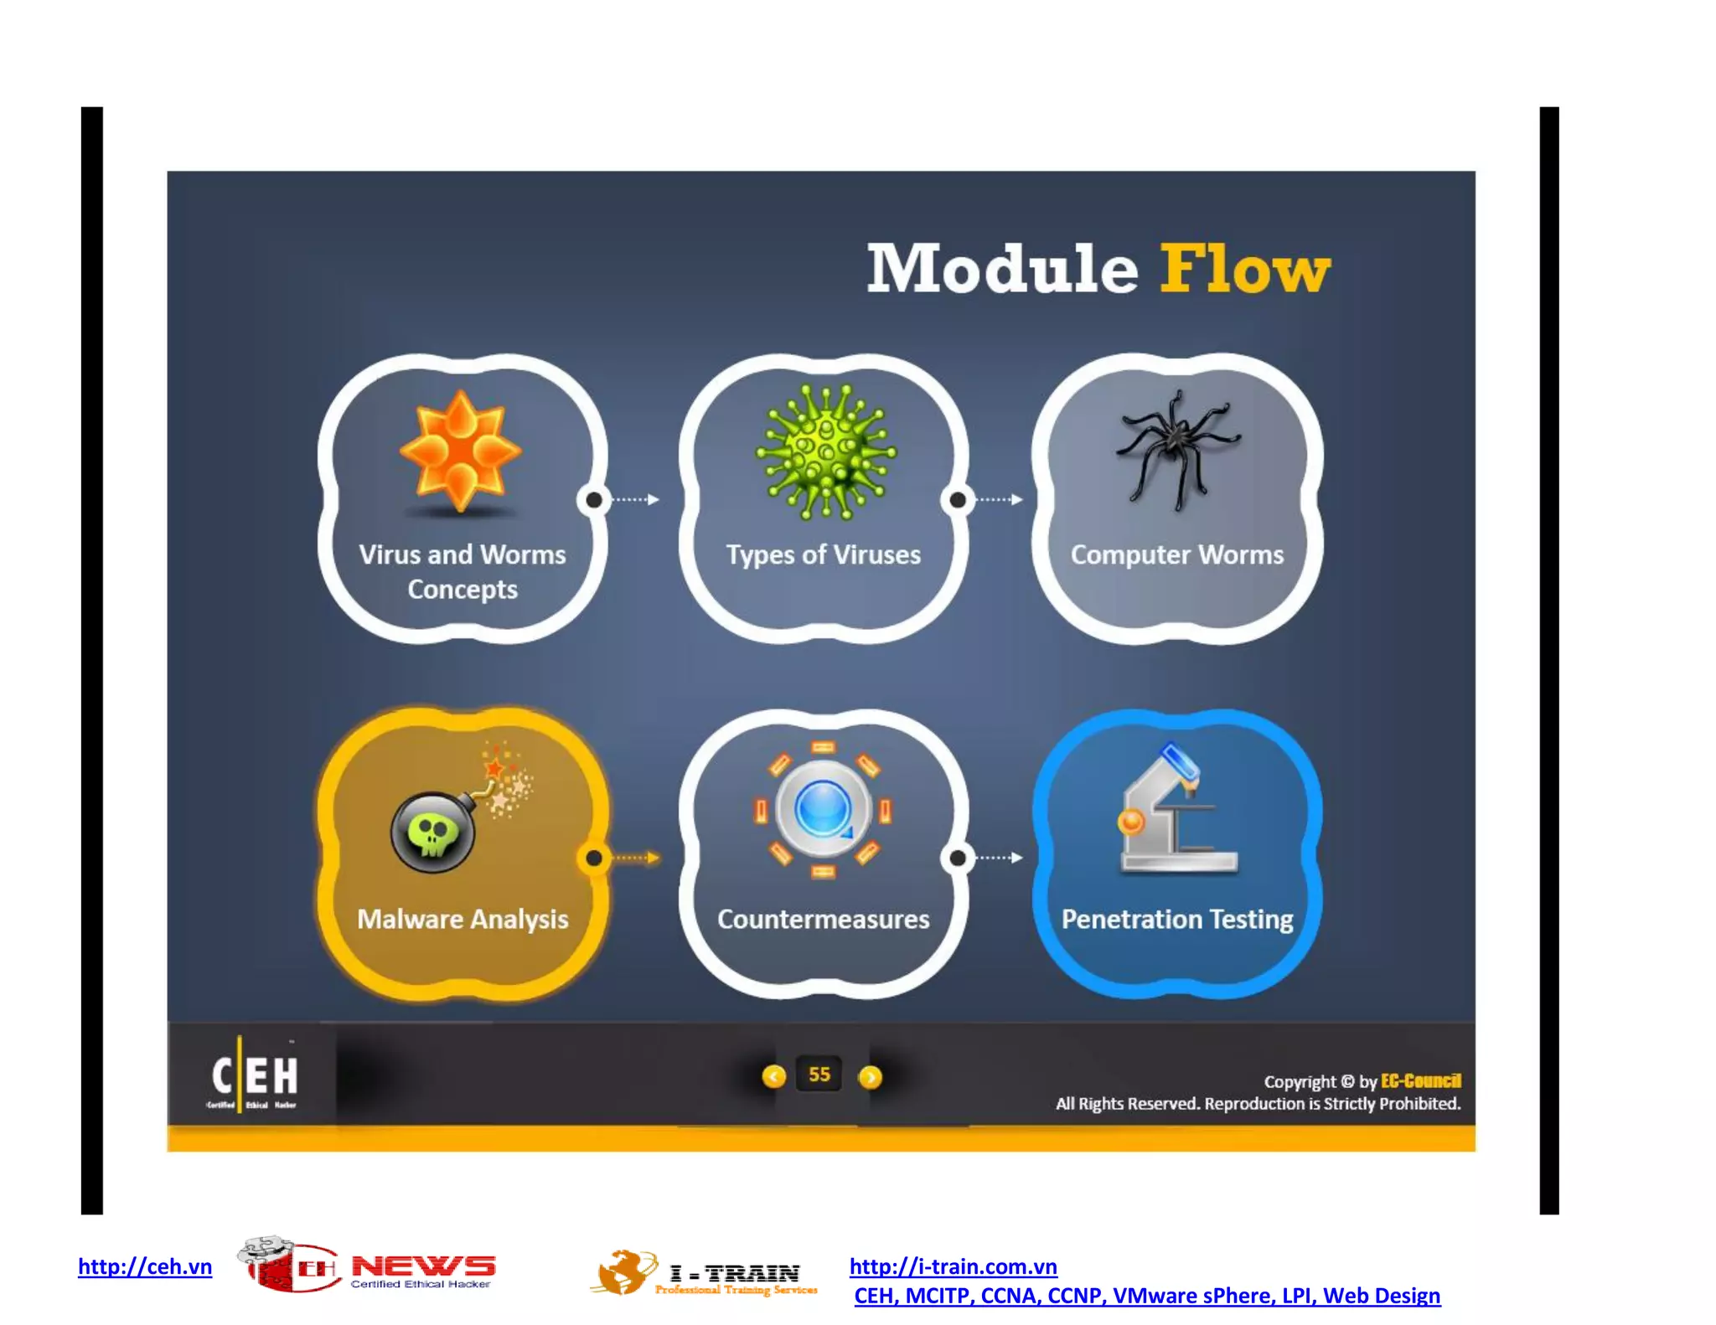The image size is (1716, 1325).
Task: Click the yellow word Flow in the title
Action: (x=1244, y=270)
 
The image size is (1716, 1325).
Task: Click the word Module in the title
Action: (x=1002, y=270)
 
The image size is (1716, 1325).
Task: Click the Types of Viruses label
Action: (x=823, y=554)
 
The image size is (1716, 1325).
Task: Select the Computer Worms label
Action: (x=1176, y=554)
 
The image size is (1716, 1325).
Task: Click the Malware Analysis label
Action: (x=463, y=919)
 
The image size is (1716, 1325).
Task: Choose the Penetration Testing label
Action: (x=1176, y=919)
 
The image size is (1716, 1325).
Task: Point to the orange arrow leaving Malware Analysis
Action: (x=637, y=858)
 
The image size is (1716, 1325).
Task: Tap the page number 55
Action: (x=819, y=1075)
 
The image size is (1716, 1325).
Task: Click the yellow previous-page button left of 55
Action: (x=773, y=1076)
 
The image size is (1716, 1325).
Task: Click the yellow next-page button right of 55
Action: (x=871, y=1077)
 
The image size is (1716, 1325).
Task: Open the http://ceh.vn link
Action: (x=145, y=1266)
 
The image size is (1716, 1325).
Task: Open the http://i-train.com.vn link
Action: (x=953, y=1266)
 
